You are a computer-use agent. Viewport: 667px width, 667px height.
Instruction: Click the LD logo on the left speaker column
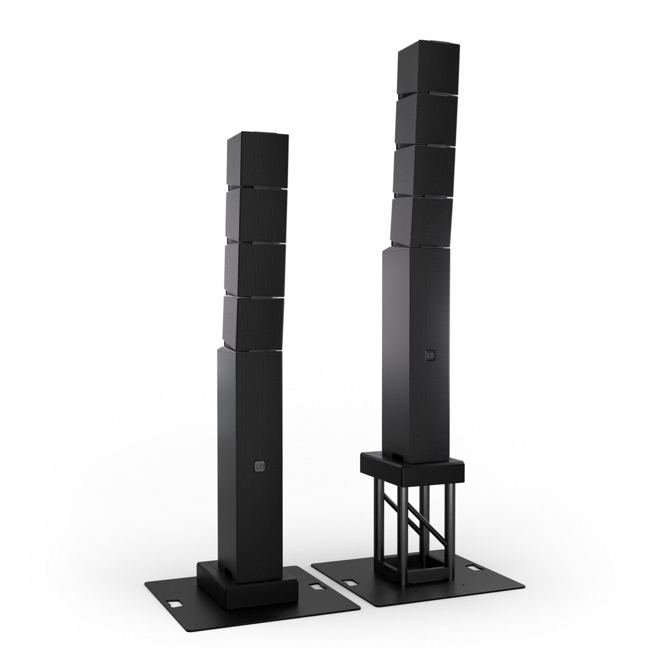(x=260, y=466)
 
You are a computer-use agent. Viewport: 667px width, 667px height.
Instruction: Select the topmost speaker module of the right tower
(x=429, y=71)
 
